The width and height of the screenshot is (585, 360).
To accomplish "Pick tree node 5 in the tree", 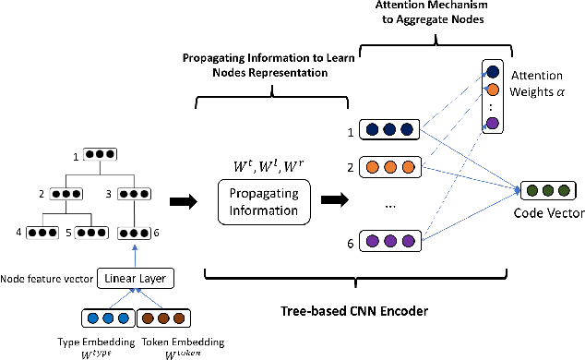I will [93, 232].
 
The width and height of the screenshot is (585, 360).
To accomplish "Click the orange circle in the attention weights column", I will [492, 90].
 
